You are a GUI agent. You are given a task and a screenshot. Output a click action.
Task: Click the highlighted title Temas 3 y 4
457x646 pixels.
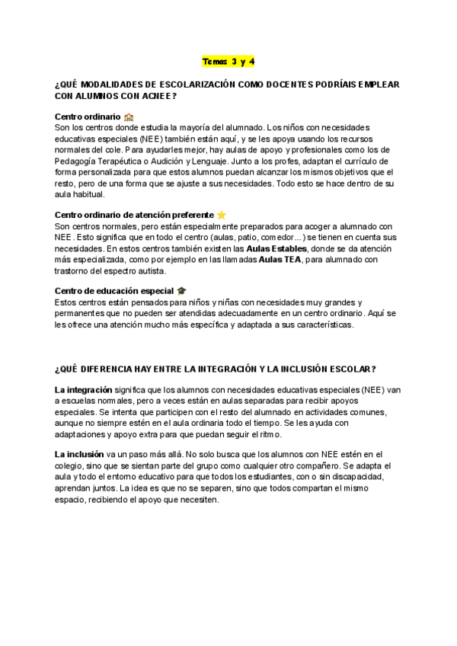tap(228, 61)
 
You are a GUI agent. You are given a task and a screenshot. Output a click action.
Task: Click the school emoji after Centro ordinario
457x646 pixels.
tap(129, 117)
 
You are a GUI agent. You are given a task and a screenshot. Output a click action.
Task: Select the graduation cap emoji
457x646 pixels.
tap(181, 291)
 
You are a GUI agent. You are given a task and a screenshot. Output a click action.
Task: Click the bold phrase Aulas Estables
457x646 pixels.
tap(277, 248)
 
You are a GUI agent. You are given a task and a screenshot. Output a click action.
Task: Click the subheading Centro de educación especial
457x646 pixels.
tap(114, 291)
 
